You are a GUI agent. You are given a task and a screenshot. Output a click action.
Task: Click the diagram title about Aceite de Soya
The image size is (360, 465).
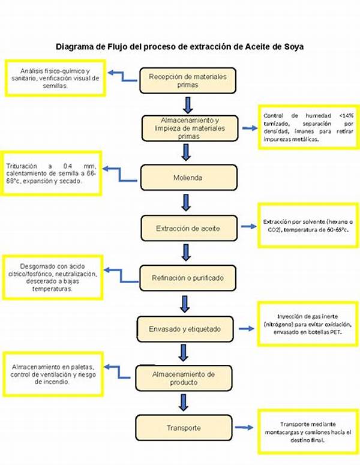coord(179,46)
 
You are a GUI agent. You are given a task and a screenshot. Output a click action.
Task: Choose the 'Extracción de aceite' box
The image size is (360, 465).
coord(188,228)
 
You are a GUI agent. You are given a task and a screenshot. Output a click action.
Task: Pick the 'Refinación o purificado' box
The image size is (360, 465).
coord(187,278)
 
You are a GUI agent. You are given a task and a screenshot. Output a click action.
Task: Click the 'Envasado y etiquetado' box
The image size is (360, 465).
coord(185,329)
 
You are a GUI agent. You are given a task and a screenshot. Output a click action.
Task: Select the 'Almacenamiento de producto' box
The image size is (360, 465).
coord(184,378)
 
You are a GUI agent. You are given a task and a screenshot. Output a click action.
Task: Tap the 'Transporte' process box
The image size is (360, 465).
coord(184,428)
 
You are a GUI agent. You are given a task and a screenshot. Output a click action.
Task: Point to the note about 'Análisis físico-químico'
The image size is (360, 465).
coord(55,77)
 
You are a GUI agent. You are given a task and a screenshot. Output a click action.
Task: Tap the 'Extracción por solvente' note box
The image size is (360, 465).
coord(308,226)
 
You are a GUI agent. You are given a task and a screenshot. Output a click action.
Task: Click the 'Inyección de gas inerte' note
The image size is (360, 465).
coord(307,323)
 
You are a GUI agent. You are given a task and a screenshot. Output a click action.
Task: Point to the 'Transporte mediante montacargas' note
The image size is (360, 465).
coord(307,431)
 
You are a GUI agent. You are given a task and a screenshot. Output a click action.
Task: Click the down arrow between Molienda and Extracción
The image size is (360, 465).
coord(186,202)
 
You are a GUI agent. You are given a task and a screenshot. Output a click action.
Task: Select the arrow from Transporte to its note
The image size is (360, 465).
coord(243,428)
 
